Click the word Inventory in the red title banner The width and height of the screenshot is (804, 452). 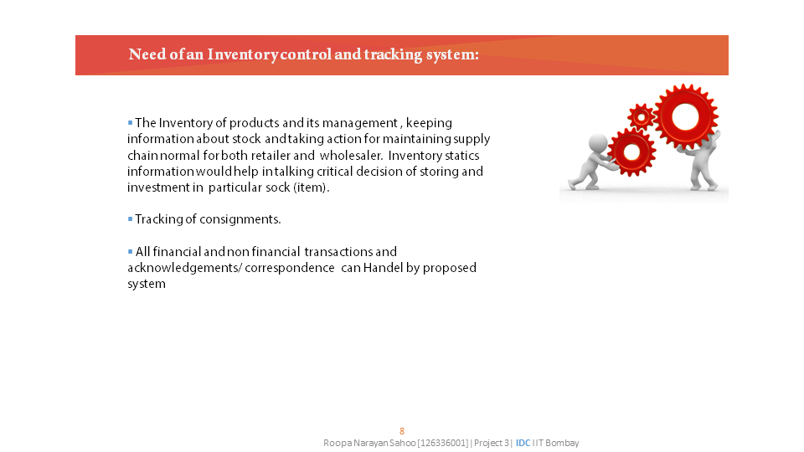click(243, 54)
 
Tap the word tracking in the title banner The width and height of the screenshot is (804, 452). click(393, 55)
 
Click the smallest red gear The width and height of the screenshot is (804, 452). click(641, 117)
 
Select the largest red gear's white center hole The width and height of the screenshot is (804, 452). click(685, 117)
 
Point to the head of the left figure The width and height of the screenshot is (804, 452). click(598, 143)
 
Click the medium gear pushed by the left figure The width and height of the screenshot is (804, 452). click(631, 152)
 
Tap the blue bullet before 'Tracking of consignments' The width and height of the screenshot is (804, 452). click(131, 218)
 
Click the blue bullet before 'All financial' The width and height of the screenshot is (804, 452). click(131, 251)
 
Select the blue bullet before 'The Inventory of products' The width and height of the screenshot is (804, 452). click(131, 122)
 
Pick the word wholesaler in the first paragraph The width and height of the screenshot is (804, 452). click(351, 156)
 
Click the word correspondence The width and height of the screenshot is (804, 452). click(290, 268)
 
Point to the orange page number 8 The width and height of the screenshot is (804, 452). click(402, 432)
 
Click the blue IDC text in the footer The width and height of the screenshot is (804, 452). click(523, 443)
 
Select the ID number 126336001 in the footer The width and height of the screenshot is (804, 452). click(444, 443)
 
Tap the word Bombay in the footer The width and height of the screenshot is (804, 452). click(562, 443)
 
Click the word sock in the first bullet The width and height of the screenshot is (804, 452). click(278, 187)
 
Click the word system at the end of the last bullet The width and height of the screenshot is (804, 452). click(147, 285)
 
